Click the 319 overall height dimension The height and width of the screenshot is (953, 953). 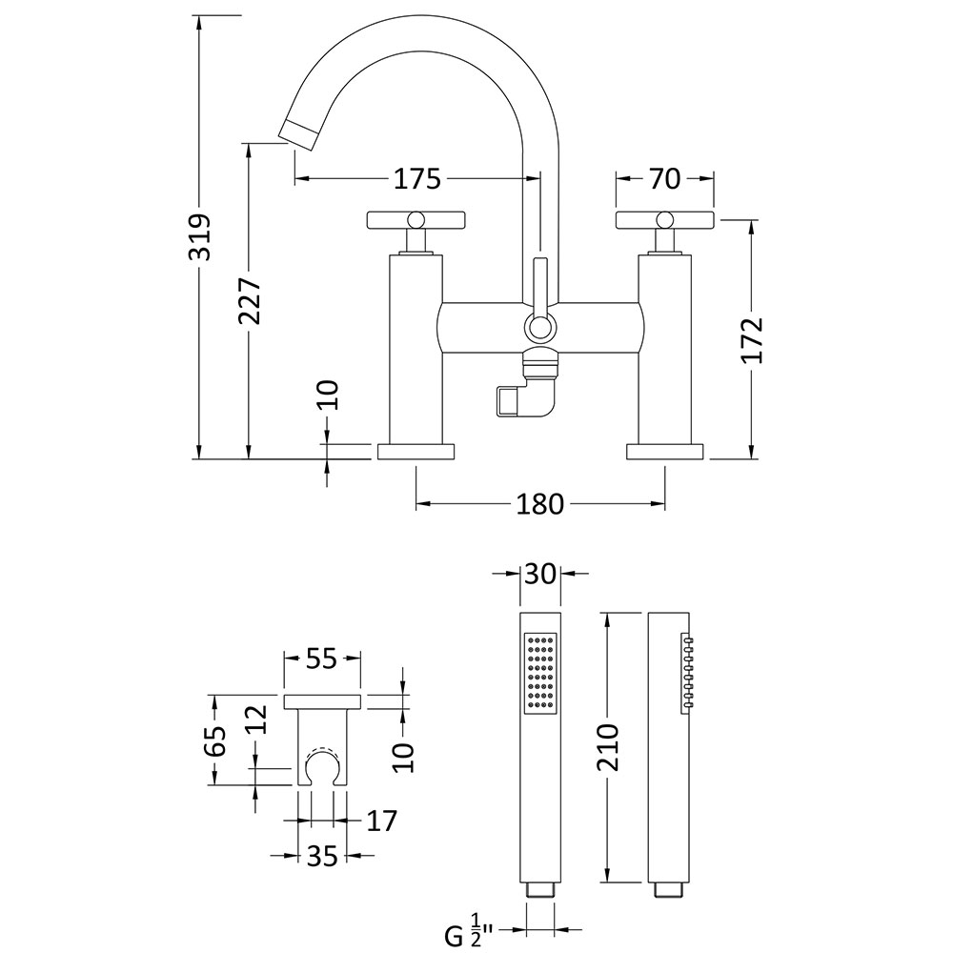tap(200, 237)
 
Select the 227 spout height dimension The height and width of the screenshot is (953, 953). tap(250, 301)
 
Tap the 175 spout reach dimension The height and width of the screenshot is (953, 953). tap(417, 179)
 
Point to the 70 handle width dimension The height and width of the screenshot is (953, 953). tap(664, 179)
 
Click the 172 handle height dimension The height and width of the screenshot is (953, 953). tap(752, 340)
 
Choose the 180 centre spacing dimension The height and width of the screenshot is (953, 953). tap(539, 504)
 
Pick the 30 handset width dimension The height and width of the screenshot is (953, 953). tap(540, 573)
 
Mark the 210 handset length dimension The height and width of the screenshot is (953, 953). tap(606, 747)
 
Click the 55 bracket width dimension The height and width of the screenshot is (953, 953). tap(321, 658)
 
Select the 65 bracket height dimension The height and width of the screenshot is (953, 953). tap(215, 740)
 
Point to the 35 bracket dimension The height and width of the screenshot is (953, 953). tap(321, 856)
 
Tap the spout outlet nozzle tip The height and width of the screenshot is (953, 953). tap(299, 133)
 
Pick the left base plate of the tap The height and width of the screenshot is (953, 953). tap(416, 452)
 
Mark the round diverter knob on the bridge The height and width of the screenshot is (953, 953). tap(539, 329)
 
